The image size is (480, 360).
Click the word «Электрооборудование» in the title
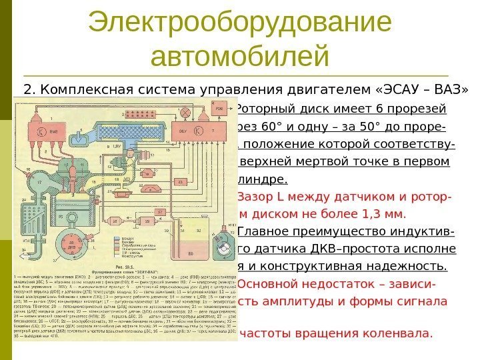[239, 24]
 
